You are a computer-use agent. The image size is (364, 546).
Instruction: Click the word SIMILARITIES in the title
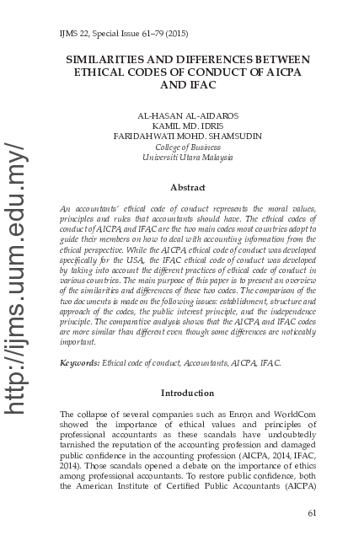point(109,60)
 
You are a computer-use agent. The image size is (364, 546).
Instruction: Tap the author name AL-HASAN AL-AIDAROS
point(187,115)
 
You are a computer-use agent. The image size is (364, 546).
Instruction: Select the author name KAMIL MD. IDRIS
point(187,126)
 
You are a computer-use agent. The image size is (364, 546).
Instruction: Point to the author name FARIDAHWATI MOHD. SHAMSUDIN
point(187,136)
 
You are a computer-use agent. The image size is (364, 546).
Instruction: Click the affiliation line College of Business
point(187,147)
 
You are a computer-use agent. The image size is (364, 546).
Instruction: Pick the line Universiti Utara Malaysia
point(187,158)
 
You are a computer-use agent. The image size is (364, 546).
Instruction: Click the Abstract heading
point(187,187)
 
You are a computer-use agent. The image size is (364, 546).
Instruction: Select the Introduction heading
point(187,393)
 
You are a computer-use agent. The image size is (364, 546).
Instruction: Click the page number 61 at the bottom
point(312,513)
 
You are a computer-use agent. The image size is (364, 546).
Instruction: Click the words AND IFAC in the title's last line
point(187,85)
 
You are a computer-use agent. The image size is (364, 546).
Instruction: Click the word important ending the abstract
point(79,343)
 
